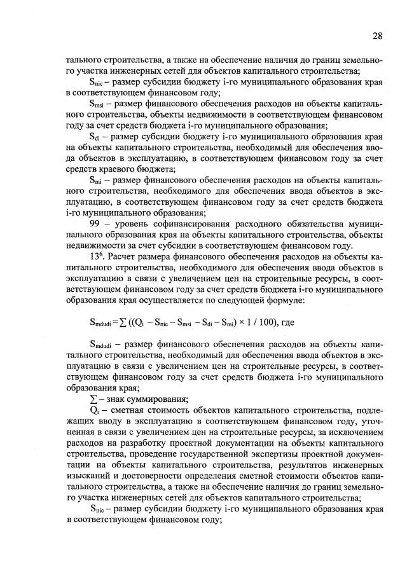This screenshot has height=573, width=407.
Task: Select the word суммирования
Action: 158,399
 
